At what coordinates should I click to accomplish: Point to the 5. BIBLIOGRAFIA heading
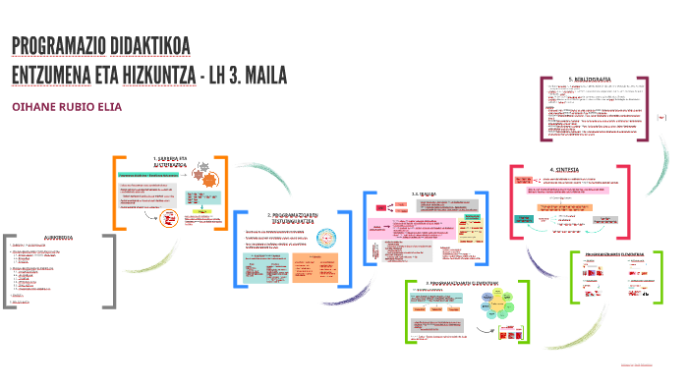point(590,78)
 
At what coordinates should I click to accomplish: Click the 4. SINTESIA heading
point(568,169)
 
